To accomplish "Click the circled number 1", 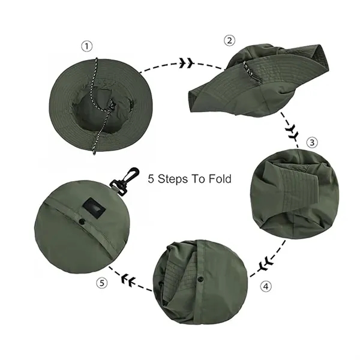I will tap(88, 46).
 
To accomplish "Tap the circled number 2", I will tap(229, 40).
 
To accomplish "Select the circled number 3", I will tap(311, 142).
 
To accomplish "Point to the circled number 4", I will tap(265, 286).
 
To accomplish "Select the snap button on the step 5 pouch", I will tap(82, 223).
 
